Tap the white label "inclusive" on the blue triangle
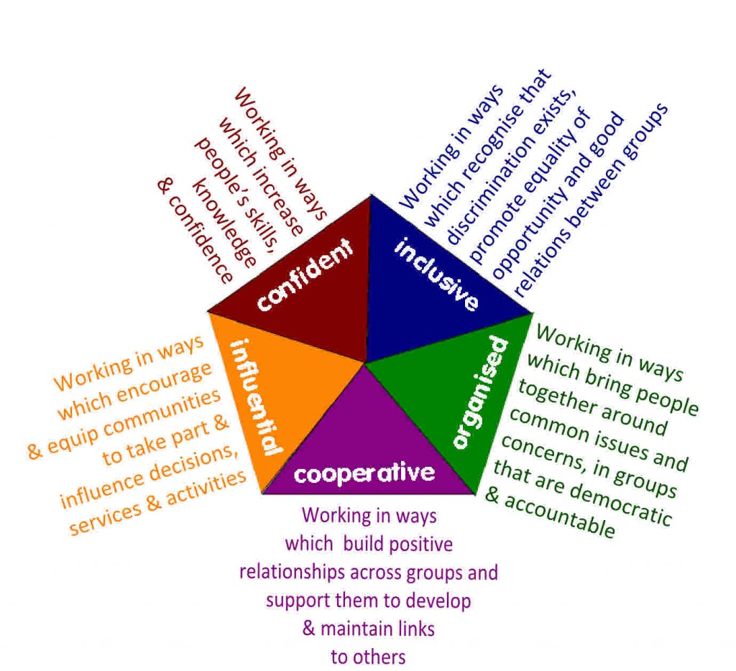[x=436, y=275]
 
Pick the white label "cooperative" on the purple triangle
[x=364, y=473]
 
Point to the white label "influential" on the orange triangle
[x=257, y=397]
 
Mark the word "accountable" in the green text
[x=559, y=516]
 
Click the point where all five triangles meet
[x=365, y=362]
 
